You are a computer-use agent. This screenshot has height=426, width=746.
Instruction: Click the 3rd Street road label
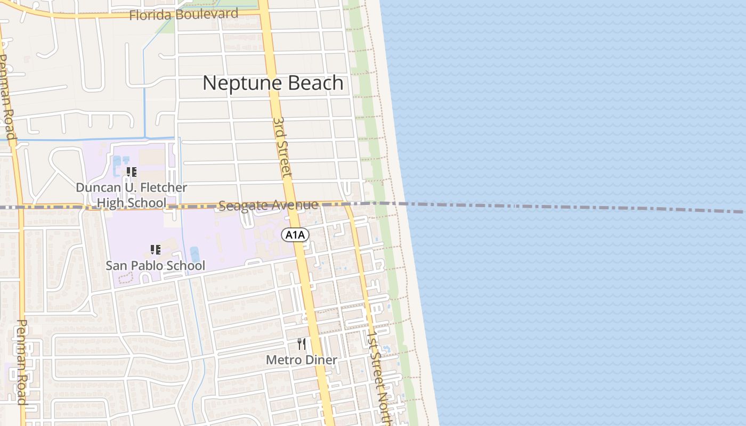click(x=282, y=147)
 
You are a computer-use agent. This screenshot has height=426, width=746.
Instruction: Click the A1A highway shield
click(x=295, y=235)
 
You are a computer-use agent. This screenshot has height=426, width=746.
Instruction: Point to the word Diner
click(x=321, y=360)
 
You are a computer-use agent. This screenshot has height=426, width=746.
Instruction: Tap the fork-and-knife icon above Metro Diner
click(x=302, y=344)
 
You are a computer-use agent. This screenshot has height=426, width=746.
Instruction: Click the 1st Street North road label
click(x=379, y=375)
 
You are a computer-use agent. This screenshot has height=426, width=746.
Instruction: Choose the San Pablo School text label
click(x=155, y=265)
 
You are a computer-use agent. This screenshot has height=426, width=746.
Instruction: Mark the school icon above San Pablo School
click(x=155, y=249)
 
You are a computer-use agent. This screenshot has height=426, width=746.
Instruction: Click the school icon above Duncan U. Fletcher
click(x=131, y=171)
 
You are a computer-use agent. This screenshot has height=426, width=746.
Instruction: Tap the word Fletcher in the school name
click(x=164, y=187)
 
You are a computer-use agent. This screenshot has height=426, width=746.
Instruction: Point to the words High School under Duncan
click(x=131, y=203)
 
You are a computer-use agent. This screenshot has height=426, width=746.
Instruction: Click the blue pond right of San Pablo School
click(x=195, y=255)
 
